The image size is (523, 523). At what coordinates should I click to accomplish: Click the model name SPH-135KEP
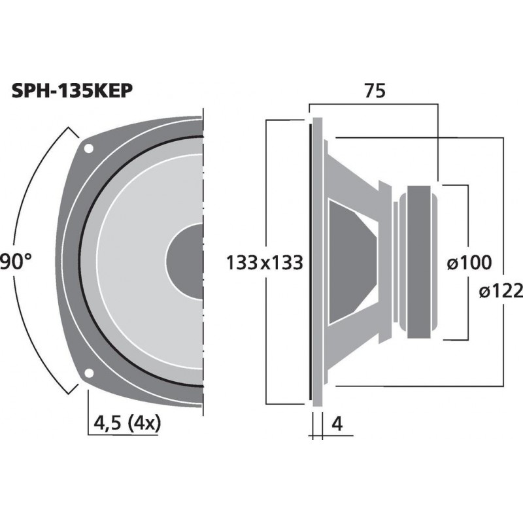pyautogui.click(x=73, y=92)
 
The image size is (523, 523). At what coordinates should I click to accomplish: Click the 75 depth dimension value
pyautogui.click(x=375, y=92)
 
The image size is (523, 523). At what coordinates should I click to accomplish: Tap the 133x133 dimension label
pyautogui.click(x=265, y=263)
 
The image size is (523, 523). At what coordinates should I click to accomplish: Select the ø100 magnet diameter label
pyautogui.click(x=469, y=263)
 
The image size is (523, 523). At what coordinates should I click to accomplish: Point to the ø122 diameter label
pyautogui.click(x=501, y=291)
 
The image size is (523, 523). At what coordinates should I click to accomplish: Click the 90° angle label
pyautogui.click(x=14, y=263)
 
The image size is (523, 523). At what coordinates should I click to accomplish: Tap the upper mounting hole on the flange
pyautogui.click(x=88, y=148)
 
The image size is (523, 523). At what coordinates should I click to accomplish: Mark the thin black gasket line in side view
pyautogui.click(x=309, y=261)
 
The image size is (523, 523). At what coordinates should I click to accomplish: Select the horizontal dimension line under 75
pyautogui.click(x=373, y=103)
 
